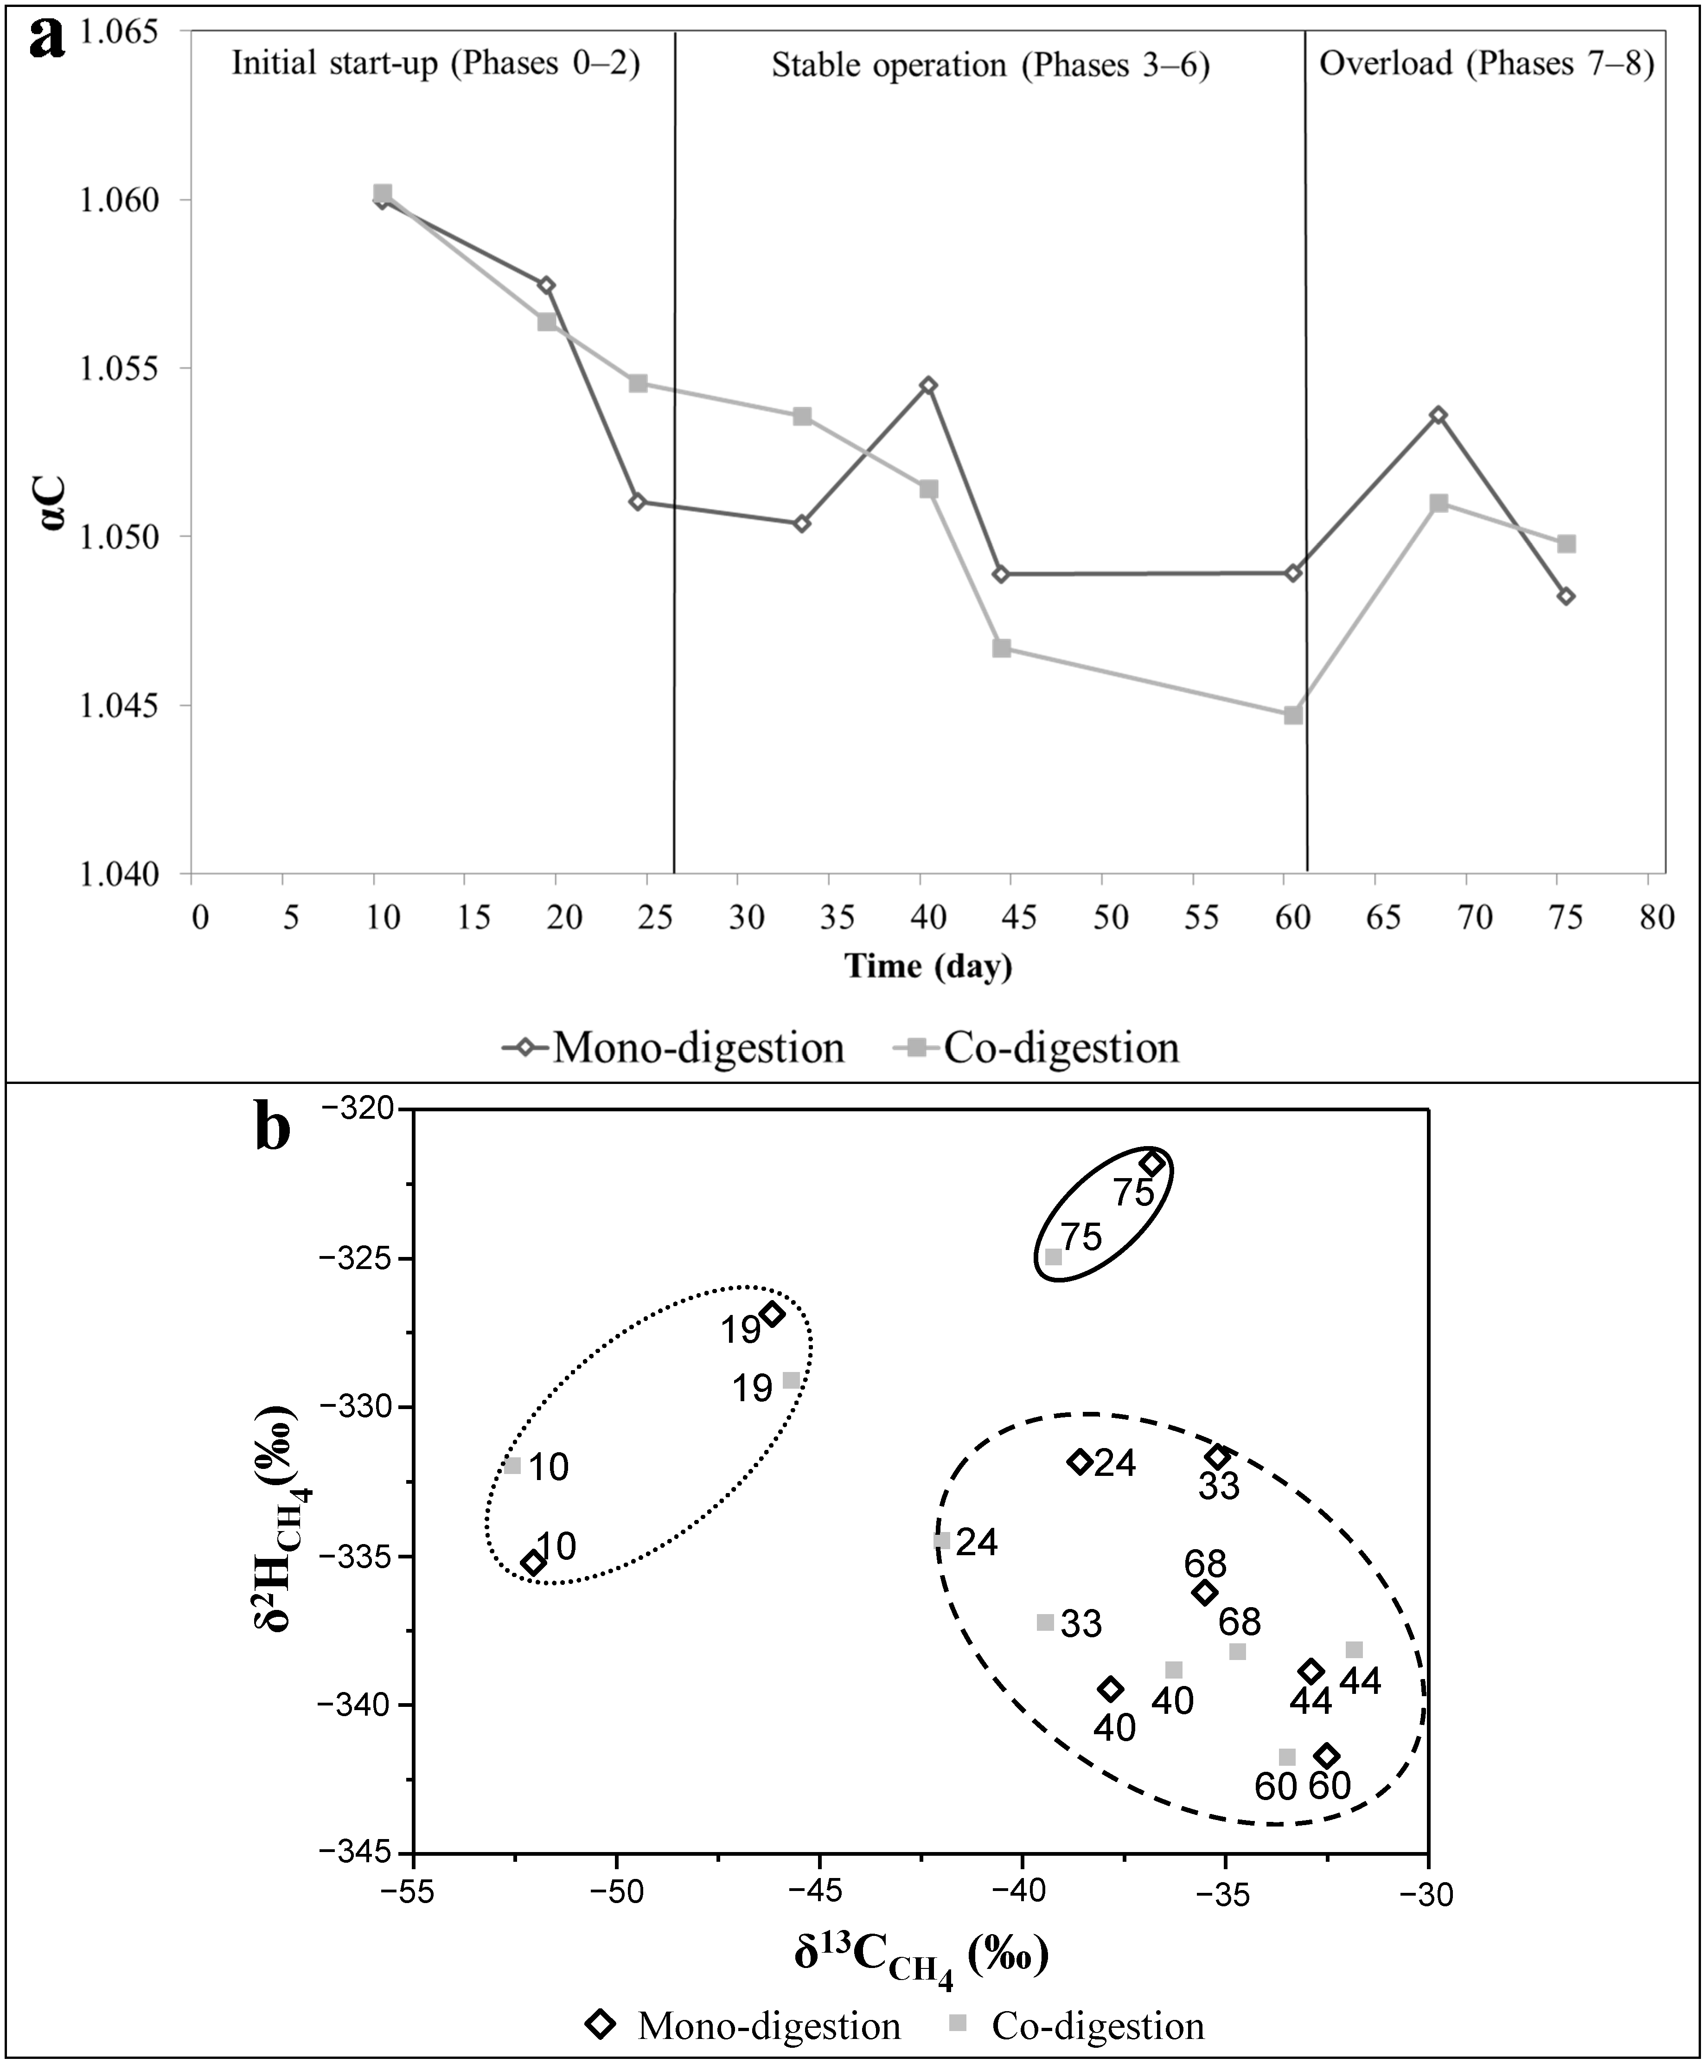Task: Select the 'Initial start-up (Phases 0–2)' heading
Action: (x=435, y=64)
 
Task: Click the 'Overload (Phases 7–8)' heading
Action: (x=1486, y=64)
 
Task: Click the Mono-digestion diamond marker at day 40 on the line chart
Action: (x=927, y=385)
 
